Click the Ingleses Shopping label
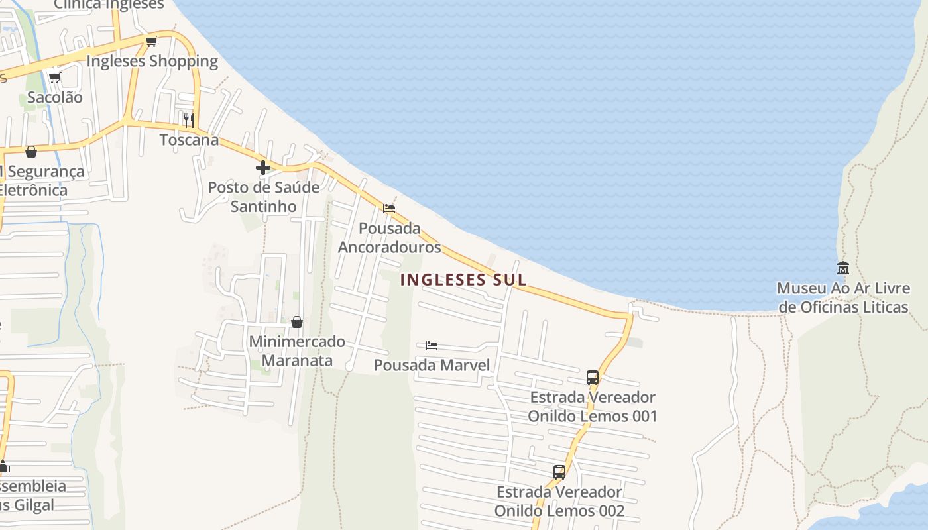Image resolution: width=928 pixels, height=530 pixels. pos(152,61)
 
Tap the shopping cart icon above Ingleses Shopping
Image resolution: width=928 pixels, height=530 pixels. pos(151,42)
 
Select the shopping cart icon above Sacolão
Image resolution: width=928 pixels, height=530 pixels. pos(55,78)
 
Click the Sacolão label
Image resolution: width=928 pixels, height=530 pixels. pos(55,97)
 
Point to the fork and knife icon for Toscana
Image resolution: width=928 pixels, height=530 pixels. pos(189,120)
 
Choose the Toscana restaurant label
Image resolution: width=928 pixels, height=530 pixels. pos(189,140)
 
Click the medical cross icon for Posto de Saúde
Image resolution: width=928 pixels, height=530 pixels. pos(263,168)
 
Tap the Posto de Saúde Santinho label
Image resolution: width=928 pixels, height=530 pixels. pos(264,197)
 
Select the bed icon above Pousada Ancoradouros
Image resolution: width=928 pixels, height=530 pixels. pos(389,209)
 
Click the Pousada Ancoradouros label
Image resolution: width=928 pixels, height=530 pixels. pos(390,238)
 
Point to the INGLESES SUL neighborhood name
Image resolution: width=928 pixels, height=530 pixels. pos(463,280)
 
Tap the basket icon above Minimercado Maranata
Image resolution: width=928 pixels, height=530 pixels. pos(297,322)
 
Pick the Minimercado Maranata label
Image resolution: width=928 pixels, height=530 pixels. pos(297,351)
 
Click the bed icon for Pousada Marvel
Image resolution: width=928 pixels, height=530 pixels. pos(432,346)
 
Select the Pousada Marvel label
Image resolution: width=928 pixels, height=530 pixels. pos(432,365)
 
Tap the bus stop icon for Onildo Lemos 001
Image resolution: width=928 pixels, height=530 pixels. pos(593,378)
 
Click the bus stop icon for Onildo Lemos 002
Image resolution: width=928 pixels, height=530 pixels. pos(559,472)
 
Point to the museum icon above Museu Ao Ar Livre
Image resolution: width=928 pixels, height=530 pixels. pos(843,268)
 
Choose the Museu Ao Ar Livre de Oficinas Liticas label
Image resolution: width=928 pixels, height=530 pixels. pos(843,298)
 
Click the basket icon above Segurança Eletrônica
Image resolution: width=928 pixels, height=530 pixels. pos(31,152)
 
